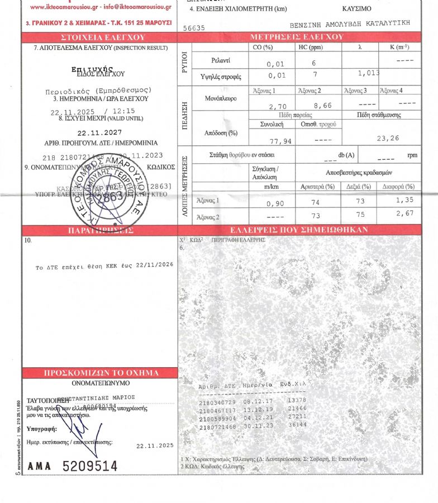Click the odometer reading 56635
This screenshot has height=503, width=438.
(x=194, y=27)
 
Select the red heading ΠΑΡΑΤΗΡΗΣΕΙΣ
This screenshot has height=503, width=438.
(x=100, y=230)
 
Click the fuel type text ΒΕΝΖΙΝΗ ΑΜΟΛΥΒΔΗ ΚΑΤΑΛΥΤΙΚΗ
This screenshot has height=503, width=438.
(x=350, y=25)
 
